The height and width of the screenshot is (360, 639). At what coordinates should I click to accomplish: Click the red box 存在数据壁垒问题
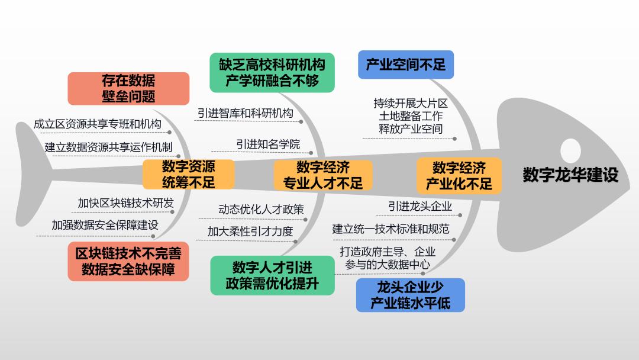coord(128,88)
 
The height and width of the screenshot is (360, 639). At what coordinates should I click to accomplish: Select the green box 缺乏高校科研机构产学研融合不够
coord(272,72)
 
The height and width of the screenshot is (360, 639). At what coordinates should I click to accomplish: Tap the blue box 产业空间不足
coord(405,65)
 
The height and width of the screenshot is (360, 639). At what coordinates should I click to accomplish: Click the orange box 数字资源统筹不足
coord(188,174)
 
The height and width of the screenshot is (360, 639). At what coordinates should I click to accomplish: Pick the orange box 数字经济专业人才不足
coord(323,175)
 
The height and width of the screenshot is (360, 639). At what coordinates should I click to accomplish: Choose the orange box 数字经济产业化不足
coord(459,175)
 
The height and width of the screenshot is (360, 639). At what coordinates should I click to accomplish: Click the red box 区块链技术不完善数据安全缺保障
coord(128,261)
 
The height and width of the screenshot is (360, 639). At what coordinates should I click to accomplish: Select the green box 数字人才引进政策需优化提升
coord(272,275)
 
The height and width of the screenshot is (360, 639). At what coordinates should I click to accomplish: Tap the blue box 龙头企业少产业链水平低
coord(410,295)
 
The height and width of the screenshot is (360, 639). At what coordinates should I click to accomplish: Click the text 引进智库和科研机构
coord(246,113)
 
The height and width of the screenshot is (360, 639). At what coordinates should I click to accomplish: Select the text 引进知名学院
coord(268,144)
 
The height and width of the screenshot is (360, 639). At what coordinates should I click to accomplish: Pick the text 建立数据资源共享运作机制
coord(108,147)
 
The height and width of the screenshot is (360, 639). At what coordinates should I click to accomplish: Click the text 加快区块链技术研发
coord(125,203)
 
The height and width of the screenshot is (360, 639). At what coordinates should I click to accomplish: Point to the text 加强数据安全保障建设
coord(105,225)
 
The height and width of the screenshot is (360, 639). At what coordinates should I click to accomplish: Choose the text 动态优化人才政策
coord(261,209)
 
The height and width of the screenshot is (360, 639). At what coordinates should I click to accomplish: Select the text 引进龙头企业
coord(420,206)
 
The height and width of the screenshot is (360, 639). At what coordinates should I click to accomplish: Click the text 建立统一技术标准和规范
coord(390,229)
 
